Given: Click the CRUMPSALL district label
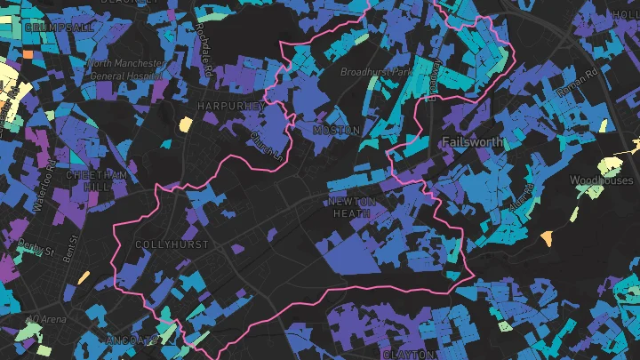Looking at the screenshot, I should point(60,28).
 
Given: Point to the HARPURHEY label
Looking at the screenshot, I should point(233,106).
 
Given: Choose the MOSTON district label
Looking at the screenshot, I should point(337,131).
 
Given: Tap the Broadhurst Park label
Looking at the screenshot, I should point(378,71).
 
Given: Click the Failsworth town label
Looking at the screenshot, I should point(471,142).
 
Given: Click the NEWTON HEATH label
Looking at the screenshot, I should point(353,207).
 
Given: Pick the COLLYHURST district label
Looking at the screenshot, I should point(172,244).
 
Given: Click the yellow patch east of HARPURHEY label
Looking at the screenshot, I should point(185,124).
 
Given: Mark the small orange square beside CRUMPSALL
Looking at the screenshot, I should point(28,54).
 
